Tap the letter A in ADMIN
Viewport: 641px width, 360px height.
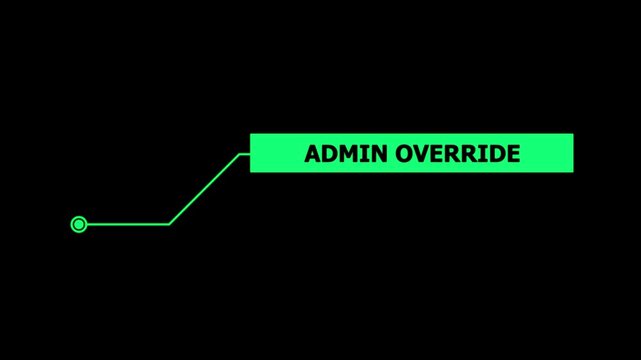pyautogui.click(x=312, y=154)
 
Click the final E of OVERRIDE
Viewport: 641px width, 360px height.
pyautogui.click(x=513, y=154)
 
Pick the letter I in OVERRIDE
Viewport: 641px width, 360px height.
pyautogui.click(x=483, y=154)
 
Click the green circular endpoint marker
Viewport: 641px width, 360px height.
pyautogui.click(x=79, y=224)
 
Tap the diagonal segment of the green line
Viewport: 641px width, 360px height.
pyautogui.click(x=204, y=189)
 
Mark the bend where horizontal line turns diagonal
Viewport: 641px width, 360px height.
pyautogui.click(x=169, y=224)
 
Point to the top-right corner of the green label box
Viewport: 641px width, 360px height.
pyautogui.click(x=572, y=135)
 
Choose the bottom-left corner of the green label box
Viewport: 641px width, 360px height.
pyautogui.click(x=251, y=171)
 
